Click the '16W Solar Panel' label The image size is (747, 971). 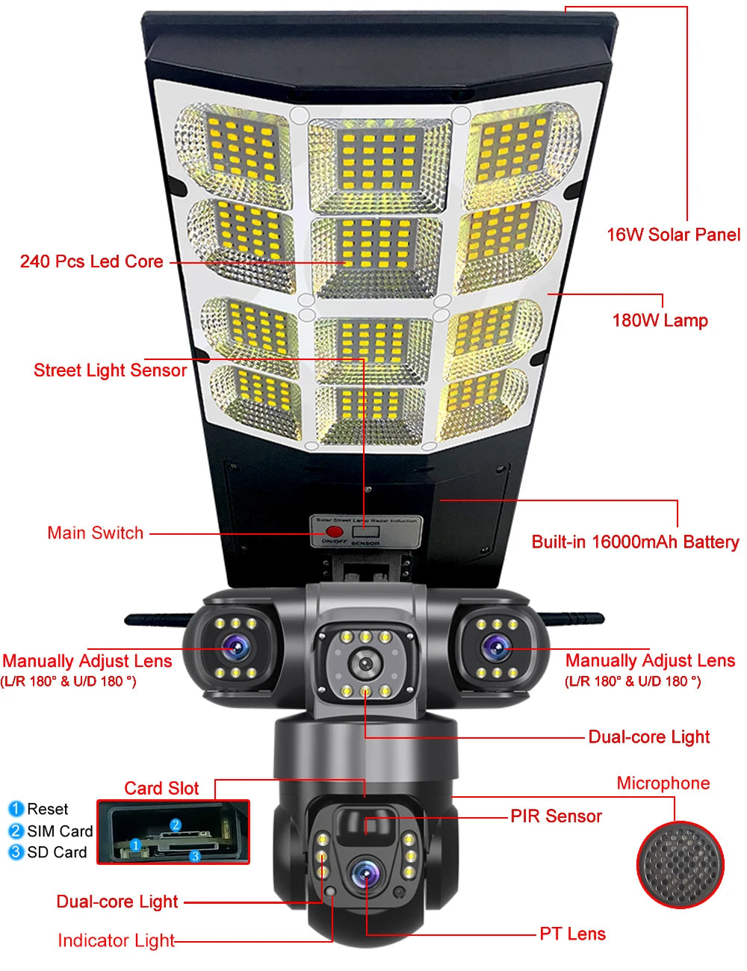(x=673, y=235)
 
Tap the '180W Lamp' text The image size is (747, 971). (x=660, y=320)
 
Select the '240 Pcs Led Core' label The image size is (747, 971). (x=91, y=261)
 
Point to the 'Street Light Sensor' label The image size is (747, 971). (x=110, y=370)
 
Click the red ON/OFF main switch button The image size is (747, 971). (x=333, y=531)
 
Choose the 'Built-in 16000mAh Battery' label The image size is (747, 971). (x=635, y=542)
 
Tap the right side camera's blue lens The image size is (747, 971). (x=495, y=648)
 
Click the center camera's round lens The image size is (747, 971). (x=365, y=662)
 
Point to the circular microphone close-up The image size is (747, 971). (x=680, y=865)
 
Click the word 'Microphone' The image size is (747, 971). (x=663, y=783)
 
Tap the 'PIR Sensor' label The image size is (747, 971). (x=556, y=816)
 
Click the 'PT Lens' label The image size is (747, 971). (x=572, y=934)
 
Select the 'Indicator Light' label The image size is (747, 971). (x=116, y=940)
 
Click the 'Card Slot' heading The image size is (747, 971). (x=161, y=788)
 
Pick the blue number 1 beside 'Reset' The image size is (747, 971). (x=16, y=809)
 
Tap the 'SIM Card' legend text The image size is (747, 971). (x=60, y=831)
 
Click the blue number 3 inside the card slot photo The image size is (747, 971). (x=195, y=856)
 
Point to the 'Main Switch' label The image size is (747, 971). (x=95, y=533)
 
